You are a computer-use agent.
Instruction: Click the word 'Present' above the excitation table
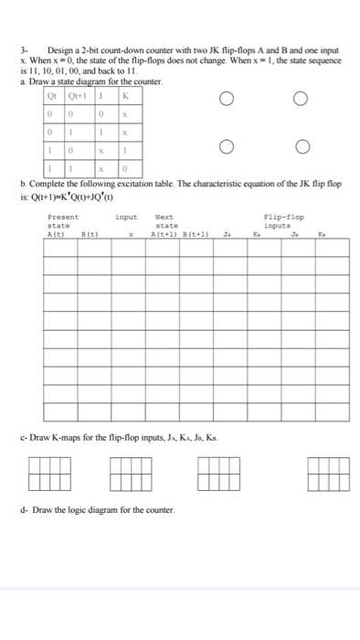click(63, 217)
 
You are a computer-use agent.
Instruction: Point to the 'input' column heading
click(126, 217)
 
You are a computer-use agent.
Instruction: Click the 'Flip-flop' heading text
click(282, 217)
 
